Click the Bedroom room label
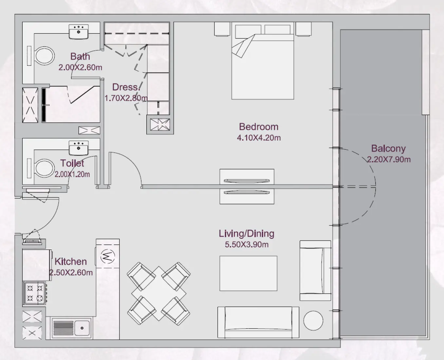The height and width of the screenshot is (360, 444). pyautogui.click(x=258, y=127)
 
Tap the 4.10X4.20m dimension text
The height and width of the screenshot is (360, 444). pyautogui.click(x=259, y=138)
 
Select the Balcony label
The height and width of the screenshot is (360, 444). pyautogui.click(x=388, y=149)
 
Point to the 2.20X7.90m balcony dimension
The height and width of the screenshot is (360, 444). pyautogui.click(x=389, y=160)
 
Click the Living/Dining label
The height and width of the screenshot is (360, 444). pyautogui.click(x=247, y=234)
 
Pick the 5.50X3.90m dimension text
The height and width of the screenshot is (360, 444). pyautogui.click(x=247, y=244)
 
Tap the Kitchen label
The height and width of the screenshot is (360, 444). pyautogui.click(x=71, y=261)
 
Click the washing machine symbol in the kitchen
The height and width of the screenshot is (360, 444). pyautogui.click(x=107, y=256)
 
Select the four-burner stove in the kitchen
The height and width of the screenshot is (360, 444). pyautogui.click(x=35, y=293)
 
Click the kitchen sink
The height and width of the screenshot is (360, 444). pyautogui.click(x=82, y=328)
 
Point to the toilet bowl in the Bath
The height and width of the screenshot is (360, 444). pyautogui.click(x=45, y=56)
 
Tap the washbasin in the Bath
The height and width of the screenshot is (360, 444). pyautogui.click(x=78, y=32)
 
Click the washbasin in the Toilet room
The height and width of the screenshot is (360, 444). pyautogui.click(x=78, y=148)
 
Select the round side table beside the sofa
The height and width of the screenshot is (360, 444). pyautogui.click(x=313, y=320)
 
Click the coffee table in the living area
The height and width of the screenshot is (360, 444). pyautogui.click(x=248, y=273)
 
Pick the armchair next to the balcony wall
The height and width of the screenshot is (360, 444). pyautogui.click(x=315, y=271)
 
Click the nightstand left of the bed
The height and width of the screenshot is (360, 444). pyautogui.click(x=222, y=29)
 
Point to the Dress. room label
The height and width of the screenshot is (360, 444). pyautogui.click(x=126, y=87)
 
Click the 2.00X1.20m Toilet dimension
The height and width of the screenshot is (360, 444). pyautogui.click(x=72, y=174)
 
